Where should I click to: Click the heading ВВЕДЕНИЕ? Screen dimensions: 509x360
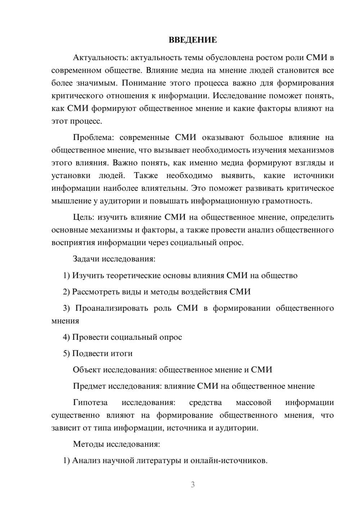tap(193, 40)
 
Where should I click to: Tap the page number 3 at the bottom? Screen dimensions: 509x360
tap(193, 485)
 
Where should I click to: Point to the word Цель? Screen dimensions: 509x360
tap(84, 217)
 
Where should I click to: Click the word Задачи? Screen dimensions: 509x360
tap(86, 259)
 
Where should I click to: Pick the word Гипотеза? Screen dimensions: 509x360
tap(90, 402)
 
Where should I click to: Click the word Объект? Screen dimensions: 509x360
tap(87, 370)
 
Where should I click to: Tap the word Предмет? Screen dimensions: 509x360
tap(89, 386)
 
